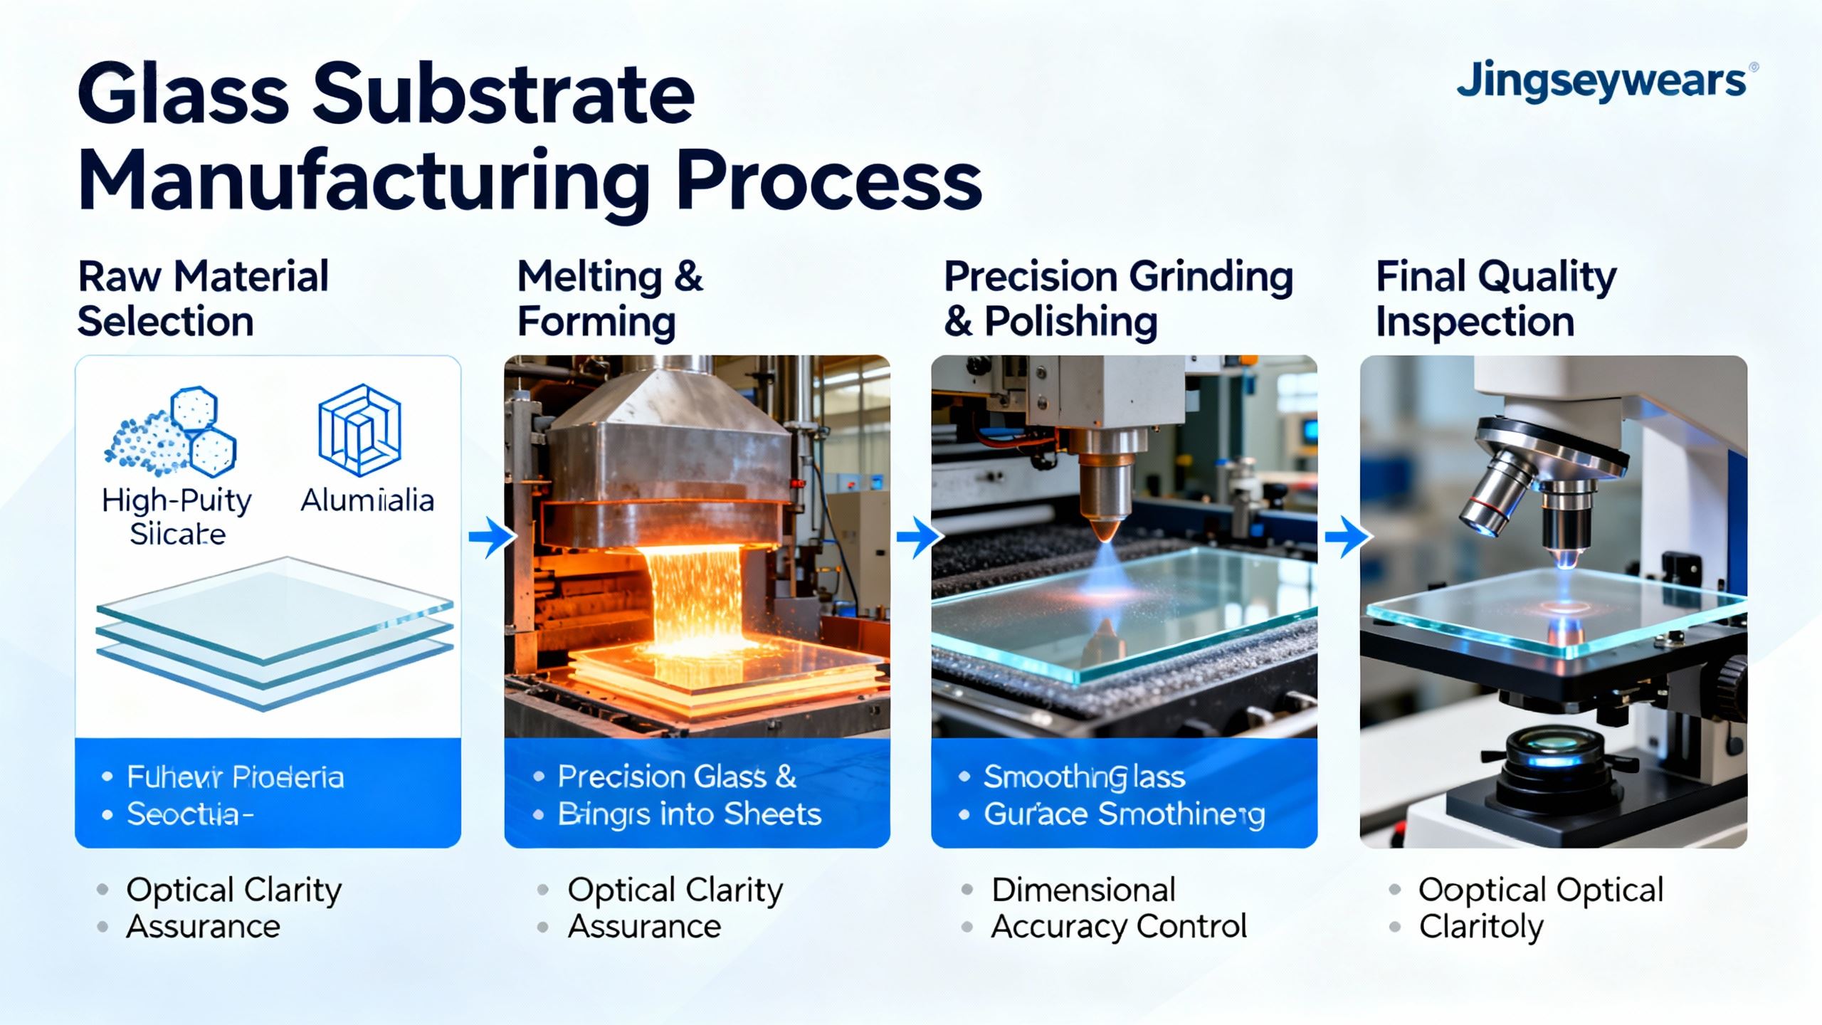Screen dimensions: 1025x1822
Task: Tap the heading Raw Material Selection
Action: [203, 299]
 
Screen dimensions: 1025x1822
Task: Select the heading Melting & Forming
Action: [610, 299]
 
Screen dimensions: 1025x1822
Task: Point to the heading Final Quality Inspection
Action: [1495, 299]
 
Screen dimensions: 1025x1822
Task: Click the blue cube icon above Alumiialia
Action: [359, 430]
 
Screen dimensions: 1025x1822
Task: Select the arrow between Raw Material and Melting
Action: [492, 537]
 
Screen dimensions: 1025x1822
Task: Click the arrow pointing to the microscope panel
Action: [1347, 537]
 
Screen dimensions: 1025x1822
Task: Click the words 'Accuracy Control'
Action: [1118, 927]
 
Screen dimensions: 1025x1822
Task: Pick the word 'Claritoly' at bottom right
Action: [1480, 927]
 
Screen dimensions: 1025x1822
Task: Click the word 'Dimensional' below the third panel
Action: [1083, 890]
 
